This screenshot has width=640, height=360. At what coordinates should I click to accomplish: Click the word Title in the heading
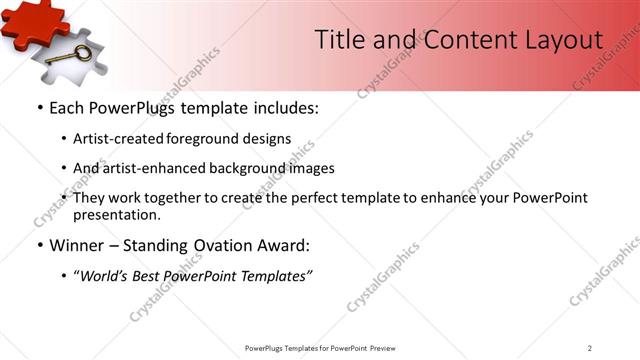coord(339,40)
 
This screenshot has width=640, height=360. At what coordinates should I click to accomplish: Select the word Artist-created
coord(120,139)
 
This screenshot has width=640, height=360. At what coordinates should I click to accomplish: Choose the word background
coord(248,168)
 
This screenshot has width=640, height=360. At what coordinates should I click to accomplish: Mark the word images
coord(311,168)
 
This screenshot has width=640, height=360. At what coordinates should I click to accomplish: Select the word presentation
coord(116,214)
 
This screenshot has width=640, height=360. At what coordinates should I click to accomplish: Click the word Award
coord(284,245)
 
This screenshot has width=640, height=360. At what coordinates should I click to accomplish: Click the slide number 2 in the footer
coord(590,348)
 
